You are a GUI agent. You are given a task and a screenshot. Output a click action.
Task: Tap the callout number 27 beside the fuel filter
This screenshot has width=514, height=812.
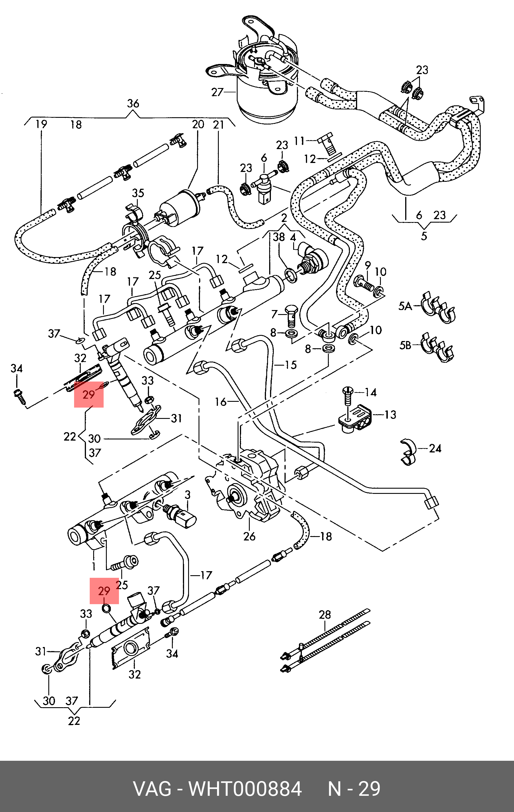[217, 92]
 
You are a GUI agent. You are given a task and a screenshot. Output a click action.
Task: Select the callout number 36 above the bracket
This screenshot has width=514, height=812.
[133, 104]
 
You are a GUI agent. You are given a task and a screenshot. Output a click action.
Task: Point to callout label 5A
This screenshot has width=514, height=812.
[405, 306]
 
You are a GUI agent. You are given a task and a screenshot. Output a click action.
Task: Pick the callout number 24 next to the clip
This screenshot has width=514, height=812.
[435, 448]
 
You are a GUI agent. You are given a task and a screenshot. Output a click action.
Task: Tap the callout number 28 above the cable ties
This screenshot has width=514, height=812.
[325, 615]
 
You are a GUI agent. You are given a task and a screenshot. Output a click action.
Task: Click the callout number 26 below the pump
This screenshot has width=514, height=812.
[249, 536]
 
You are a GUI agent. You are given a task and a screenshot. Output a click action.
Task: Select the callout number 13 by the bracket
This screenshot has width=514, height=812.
[390, 415]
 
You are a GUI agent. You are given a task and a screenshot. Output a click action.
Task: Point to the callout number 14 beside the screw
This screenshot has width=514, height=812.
[370, 392]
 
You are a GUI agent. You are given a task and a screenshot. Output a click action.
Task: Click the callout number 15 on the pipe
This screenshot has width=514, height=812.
[291, 365]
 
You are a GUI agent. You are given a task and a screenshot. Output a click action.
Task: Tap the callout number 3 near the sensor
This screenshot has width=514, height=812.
[188, 495]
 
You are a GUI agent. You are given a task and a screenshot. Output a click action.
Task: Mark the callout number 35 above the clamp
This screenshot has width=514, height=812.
[138, 193]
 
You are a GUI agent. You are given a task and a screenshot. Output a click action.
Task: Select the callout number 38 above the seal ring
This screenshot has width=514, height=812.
[279, 237]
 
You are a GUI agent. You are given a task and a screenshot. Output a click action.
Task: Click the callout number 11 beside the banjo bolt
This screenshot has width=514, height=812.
[299, 141]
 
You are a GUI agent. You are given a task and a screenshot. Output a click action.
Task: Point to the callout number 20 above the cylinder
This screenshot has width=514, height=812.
[198, 124]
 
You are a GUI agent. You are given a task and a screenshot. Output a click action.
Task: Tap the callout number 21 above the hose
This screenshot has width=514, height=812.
[219, 124]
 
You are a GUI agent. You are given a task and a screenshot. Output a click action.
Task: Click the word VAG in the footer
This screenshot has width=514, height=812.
[152, 789]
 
